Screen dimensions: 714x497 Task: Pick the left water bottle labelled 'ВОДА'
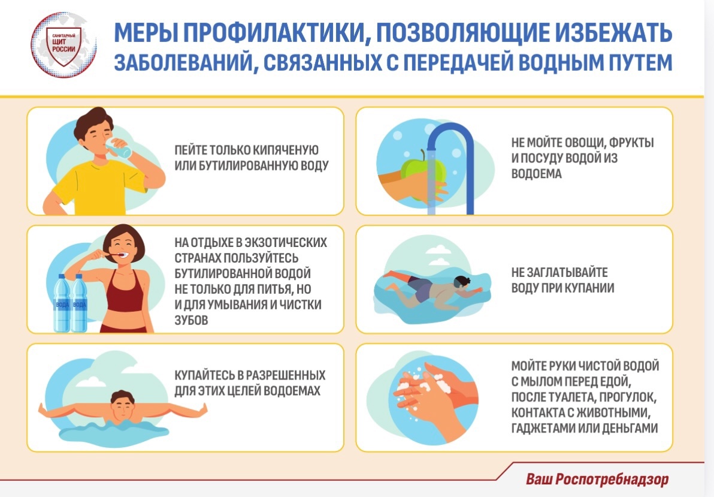[62, 303]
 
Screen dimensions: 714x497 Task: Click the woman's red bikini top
[124, 293]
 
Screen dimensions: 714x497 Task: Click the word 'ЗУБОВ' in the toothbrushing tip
[191, 320]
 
